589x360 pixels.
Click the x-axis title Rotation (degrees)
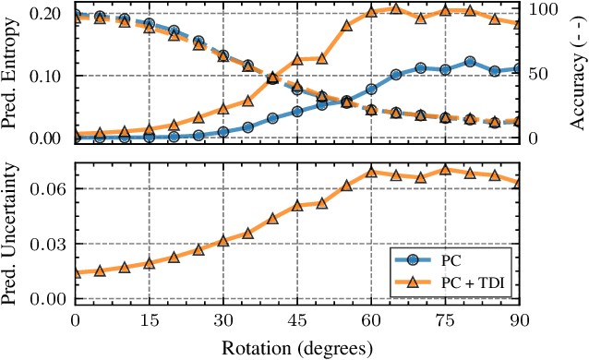(297, 347)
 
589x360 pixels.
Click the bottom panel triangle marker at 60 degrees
(371, 172)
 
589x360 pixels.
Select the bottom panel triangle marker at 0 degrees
(76, 272)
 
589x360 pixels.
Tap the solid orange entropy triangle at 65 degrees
(396, 8)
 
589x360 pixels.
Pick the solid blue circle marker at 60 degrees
(371, 90)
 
